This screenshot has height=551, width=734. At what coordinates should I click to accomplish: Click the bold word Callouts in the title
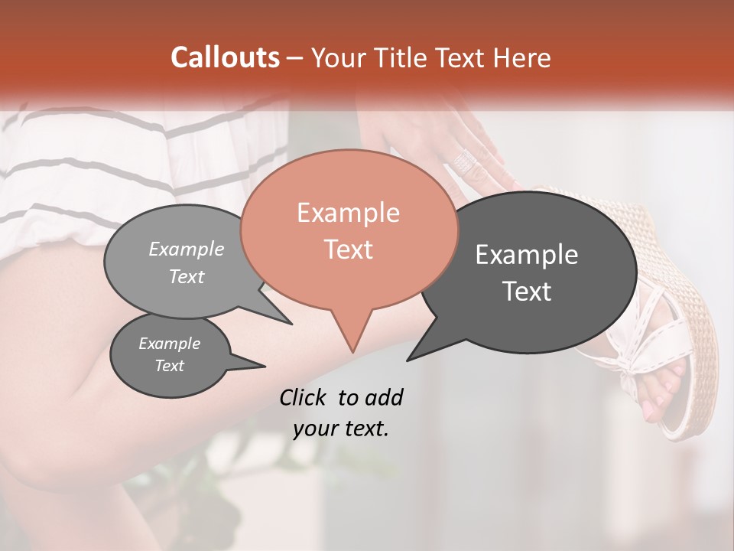pos(225,57)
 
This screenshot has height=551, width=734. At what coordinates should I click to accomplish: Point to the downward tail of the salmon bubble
pos(352,337)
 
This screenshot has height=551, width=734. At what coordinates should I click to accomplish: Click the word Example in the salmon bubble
pos(348,213)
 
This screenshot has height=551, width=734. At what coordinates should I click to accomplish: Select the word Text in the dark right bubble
pos(528,292)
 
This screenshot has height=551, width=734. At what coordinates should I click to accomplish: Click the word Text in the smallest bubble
pos(170,366)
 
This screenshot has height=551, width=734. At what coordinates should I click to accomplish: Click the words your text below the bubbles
pos(340,429)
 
